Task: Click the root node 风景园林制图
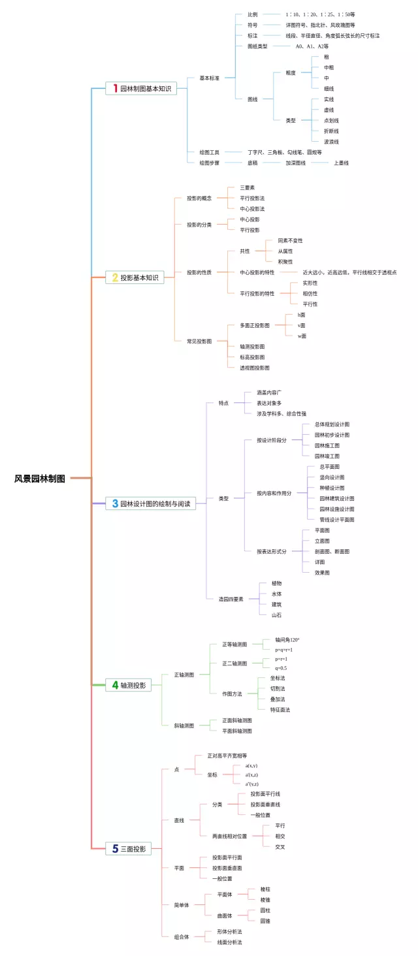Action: coord(40,479)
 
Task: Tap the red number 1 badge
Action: coord(116,88)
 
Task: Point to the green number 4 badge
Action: coord(115,685)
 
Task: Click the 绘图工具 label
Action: coord(209,152)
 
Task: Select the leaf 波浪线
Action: coord(331,142)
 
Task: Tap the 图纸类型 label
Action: coord(257,46)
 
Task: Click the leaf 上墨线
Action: coord(341,163)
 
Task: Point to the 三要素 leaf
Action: coord(247,187)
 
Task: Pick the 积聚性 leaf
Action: coord(285,261)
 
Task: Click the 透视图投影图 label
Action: coord(255,368)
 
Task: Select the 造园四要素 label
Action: coord(231,599)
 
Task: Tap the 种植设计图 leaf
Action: coord(332,488)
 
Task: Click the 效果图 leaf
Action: coord(322,573)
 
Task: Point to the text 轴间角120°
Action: coord(287,640)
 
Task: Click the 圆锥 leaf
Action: coord(265,921)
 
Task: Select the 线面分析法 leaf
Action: coord(229,942)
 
